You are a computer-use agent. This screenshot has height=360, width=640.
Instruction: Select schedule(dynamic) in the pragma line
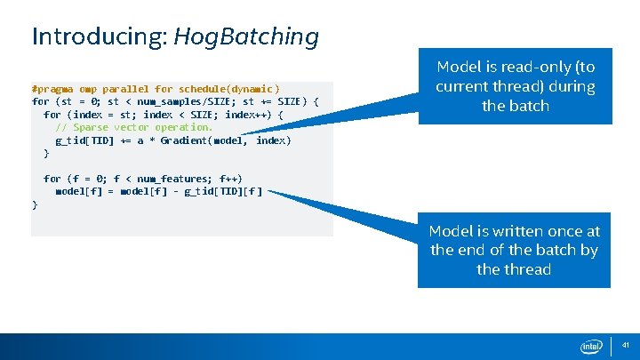click(228, 89)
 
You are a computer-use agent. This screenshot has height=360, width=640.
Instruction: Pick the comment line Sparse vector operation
click(134, 127)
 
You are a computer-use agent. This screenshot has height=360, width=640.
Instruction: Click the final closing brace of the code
click(35, 204)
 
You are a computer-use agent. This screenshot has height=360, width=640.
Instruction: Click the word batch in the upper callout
click(528, 106)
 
